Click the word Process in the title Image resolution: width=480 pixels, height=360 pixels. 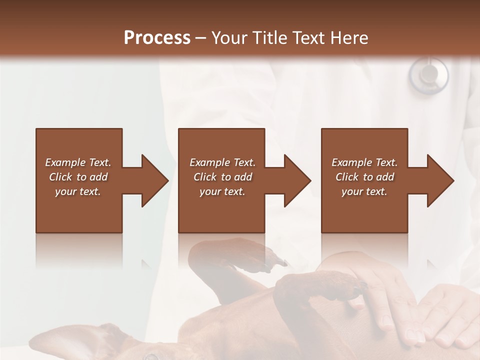coord(157,38)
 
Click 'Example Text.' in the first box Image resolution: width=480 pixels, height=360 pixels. coord(78,162)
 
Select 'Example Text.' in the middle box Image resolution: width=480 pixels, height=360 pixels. coord(222,162)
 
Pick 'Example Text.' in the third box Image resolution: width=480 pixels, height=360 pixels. coord(364,162)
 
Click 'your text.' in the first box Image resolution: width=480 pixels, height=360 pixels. coord(78,191)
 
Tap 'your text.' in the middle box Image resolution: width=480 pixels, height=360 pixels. coord(222,191)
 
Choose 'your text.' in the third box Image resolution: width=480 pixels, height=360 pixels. coord(364,191)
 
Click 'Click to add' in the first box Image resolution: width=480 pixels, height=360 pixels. coord(78,177)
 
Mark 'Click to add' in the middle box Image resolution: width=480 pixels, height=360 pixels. coord(222,177)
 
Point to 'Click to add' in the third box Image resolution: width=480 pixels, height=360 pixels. coord(364,177)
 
